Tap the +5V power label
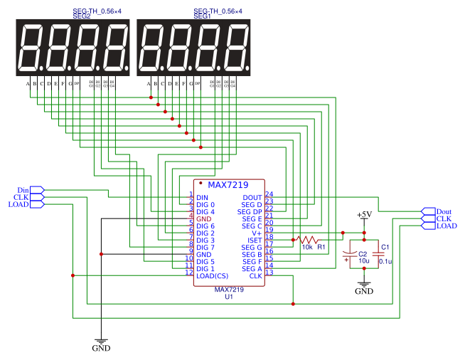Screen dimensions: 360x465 [363, 214]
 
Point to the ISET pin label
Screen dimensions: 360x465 [253, 240]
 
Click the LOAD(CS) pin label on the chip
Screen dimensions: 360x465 [213, 275]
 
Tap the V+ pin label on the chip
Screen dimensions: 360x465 [257, 233]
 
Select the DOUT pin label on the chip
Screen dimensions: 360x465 [252, 198]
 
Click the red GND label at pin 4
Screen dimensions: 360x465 [204, 219]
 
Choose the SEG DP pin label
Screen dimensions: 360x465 [250, 212]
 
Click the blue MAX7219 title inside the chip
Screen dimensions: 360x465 [229, 186]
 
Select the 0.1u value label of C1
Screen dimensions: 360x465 [385, 262]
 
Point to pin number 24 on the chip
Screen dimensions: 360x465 [269, 194]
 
